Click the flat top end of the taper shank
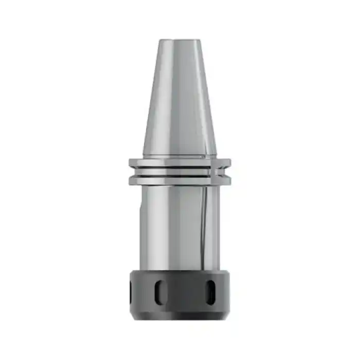point(179,41)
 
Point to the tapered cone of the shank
point(179,98)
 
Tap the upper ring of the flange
point(179,163)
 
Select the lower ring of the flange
point(179,179)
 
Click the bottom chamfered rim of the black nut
point(179,315)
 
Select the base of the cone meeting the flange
point(179,154)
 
